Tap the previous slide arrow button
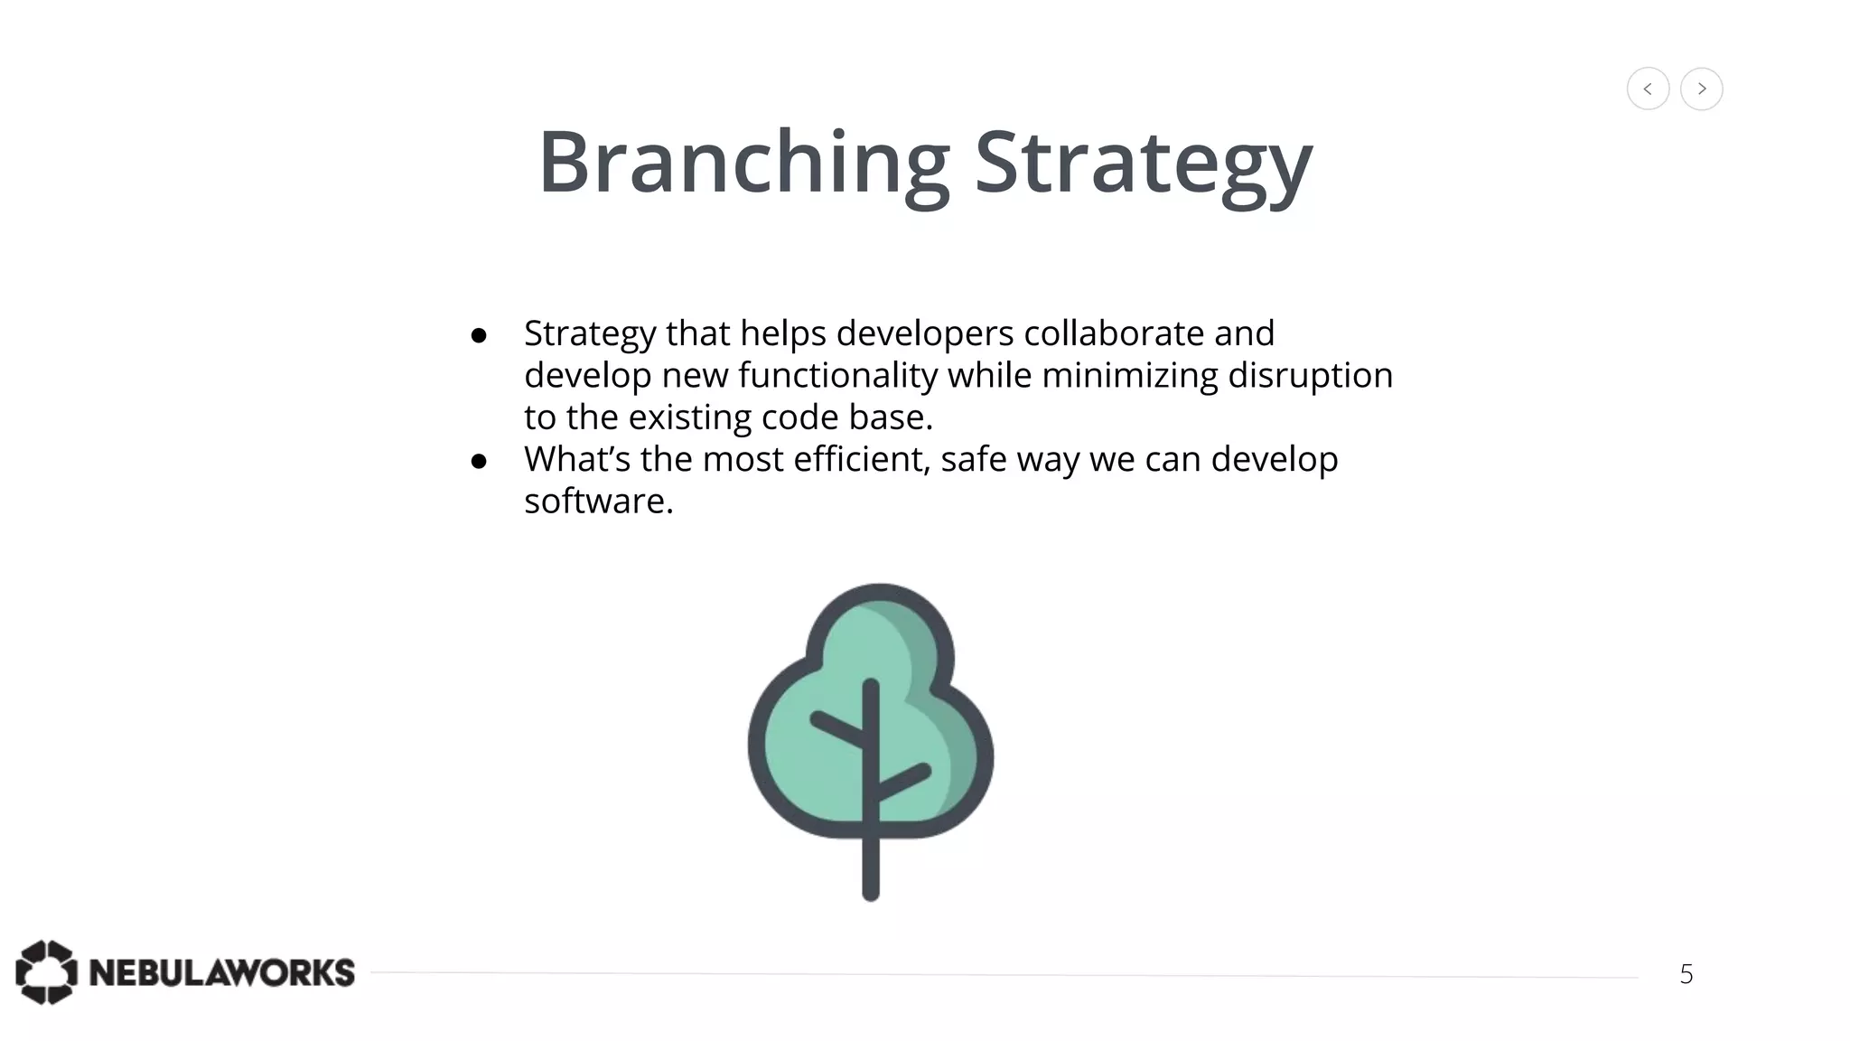[x=1648, y=89]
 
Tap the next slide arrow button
[x=1701, y=89]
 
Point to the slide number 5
[x=1686, y=974]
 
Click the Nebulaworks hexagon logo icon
[x=46, y=972]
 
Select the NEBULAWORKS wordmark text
[x=221, y=973]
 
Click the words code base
[x=846, y=417]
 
